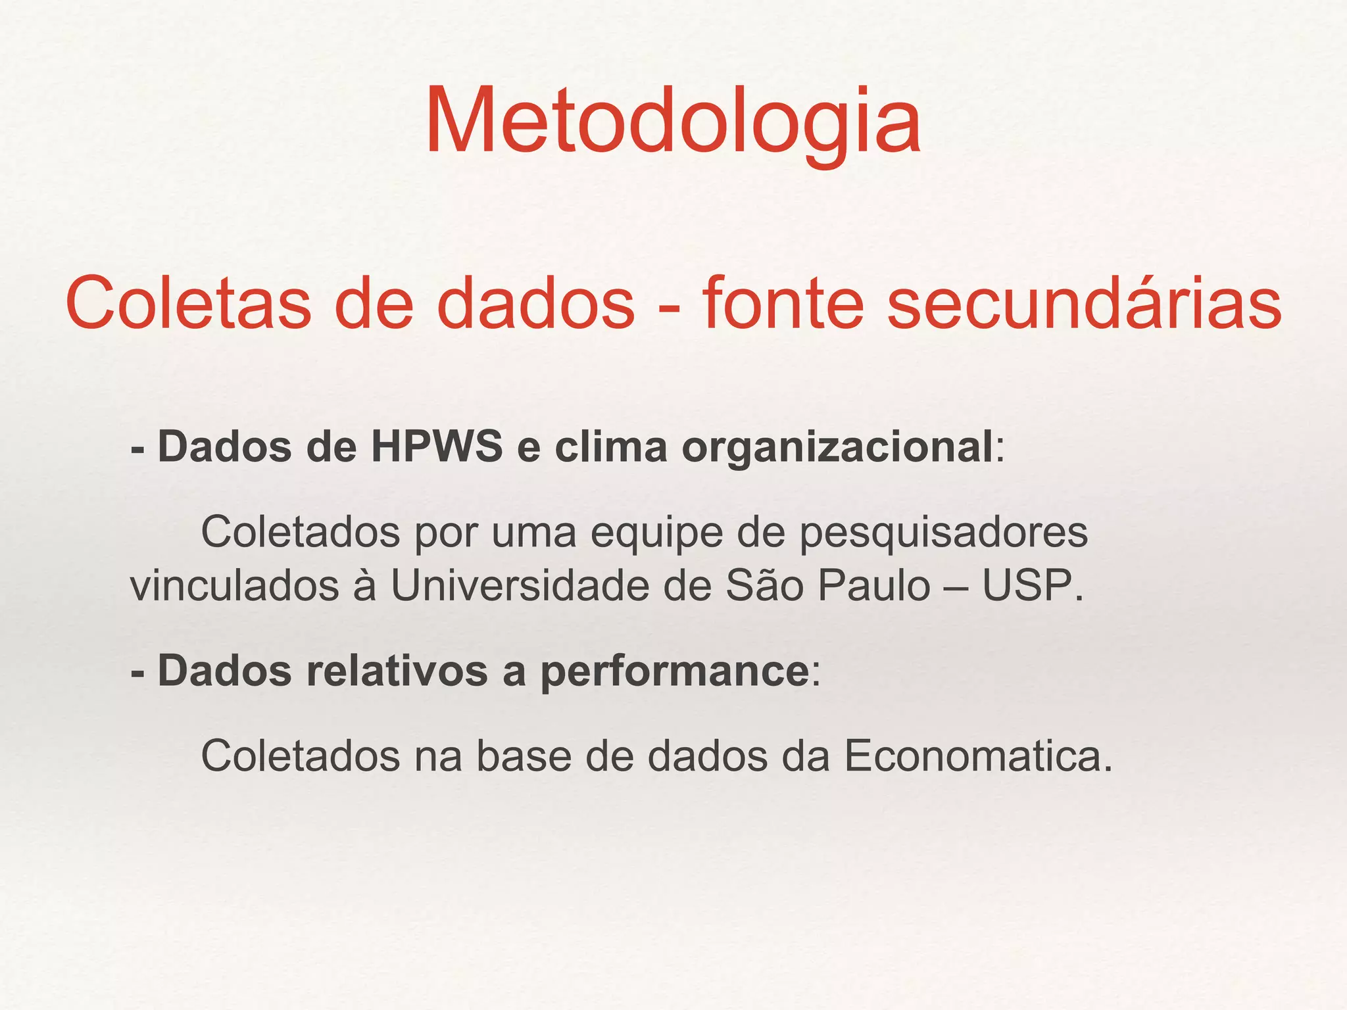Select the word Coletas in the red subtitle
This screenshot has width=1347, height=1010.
pyautogui.click(x=188, y=304)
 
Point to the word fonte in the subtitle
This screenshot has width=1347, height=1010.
pyautogui.click(x=782, y=304)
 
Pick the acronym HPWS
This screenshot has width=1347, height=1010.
pyautogui.click(x=437, y=447)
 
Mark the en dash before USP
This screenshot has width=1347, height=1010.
pyautogui.click(x=956, y=587)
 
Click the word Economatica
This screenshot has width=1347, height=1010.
pyautogui.click(x=978, y=756)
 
